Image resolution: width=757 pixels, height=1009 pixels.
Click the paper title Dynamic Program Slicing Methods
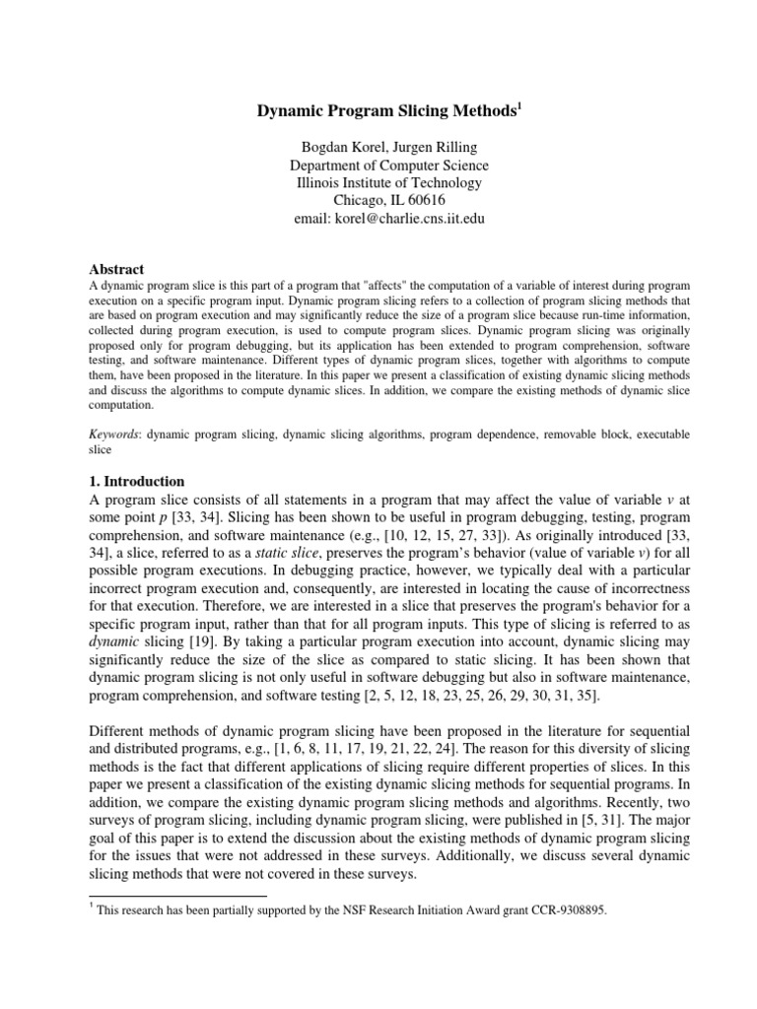376,114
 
